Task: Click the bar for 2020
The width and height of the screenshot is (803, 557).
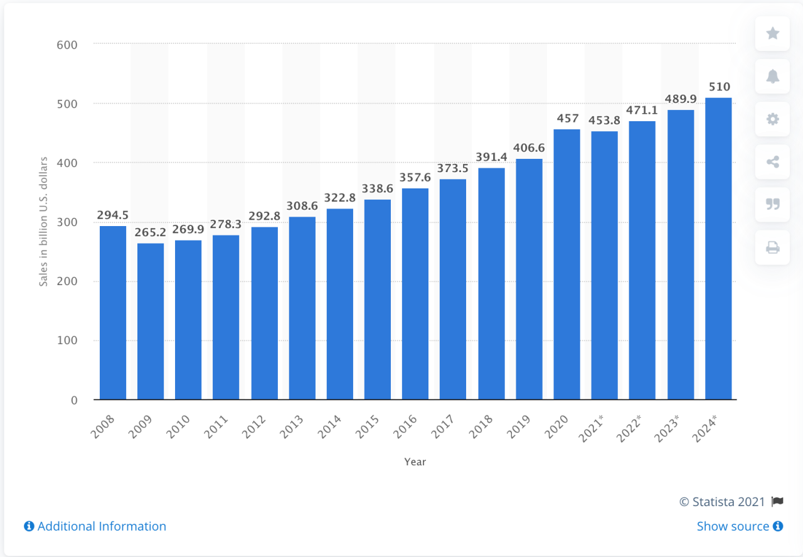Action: [566, 264]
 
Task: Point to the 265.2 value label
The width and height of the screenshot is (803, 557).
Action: [151, 233]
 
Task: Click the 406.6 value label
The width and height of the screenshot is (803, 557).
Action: [529, 149]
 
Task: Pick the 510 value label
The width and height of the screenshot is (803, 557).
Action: [718, 87]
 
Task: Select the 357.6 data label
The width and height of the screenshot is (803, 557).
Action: [415, 178]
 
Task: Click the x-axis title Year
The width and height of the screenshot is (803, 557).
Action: [415, 462]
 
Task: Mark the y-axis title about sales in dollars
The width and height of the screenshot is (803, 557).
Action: [44, 222]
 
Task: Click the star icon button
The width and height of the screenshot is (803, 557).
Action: [773, 33]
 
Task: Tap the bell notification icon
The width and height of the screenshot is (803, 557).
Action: [773, 76]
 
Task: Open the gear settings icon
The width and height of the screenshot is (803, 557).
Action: [773, 119]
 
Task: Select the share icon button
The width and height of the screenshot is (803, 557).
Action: [773, 162]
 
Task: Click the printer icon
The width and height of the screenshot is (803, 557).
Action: [773, 248]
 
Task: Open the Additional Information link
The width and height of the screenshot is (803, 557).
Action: [95, 526]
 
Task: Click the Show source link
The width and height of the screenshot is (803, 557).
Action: [739, 526]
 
